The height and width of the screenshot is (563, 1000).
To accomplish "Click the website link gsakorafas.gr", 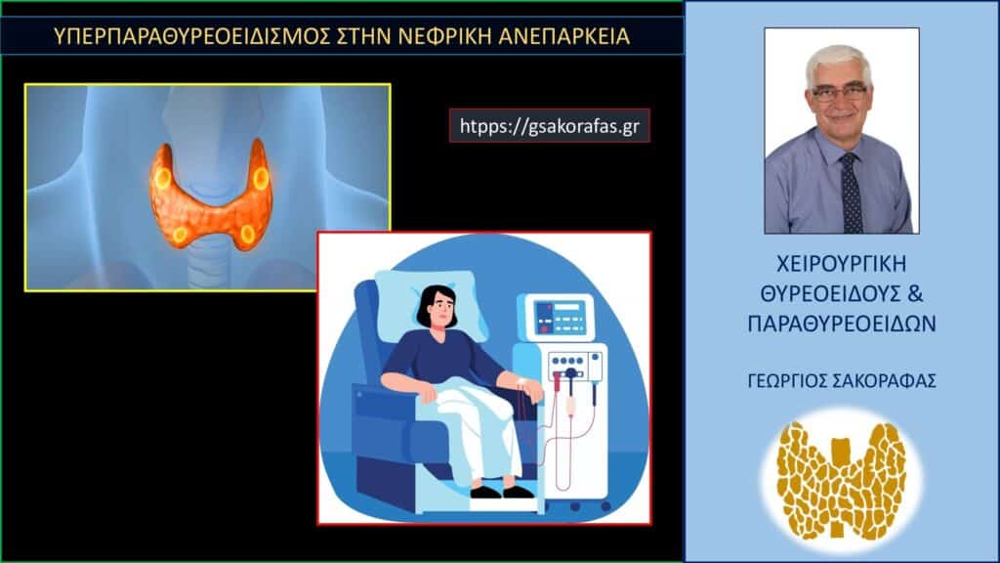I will (549, 125).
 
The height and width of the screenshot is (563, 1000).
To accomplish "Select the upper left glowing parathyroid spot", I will (163, 178).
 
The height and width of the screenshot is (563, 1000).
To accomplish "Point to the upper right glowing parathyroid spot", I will (261, 177).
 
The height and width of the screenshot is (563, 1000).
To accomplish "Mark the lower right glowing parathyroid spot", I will (247, 233).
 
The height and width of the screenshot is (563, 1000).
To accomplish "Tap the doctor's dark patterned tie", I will (851, 191).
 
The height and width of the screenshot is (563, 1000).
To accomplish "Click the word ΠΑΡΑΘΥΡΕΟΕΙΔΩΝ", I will (841, 324).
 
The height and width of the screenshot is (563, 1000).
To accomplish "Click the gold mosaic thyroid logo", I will (841, 479).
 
